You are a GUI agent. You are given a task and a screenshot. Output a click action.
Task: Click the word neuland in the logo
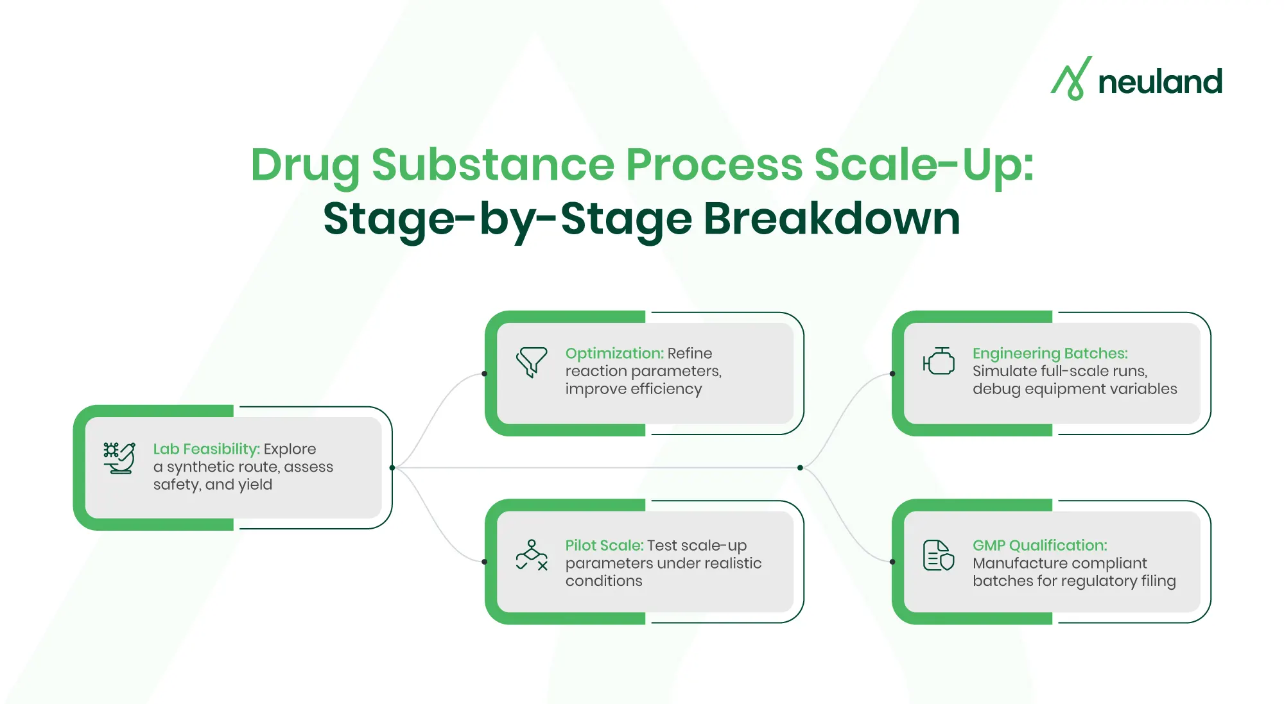point(1159,82)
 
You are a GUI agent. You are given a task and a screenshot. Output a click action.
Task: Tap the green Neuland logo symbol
point(1071,78)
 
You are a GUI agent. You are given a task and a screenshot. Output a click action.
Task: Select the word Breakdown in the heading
point(832,219)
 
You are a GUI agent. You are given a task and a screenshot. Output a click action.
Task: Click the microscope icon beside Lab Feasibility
point(119,458)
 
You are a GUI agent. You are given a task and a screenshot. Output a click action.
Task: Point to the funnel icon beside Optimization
point(532,362)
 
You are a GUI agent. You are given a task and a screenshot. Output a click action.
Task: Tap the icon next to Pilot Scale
point(532,555)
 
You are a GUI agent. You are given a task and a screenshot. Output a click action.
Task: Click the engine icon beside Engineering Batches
point(939,361)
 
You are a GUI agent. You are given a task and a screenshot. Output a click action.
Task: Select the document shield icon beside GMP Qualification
point(939,555)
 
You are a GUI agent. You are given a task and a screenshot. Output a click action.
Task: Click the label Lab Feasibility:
point(206,449)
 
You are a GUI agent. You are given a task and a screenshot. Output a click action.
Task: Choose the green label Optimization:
point(614,353)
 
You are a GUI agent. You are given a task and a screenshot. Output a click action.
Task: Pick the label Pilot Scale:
point(604,545)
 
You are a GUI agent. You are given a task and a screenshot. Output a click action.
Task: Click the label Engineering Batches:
point(1050,353)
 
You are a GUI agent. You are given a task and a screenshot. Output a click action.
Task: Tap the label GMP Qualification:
point(1039,545)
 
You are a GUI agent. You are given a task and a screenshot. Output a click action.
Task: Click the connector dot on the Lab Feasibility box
point(392,468)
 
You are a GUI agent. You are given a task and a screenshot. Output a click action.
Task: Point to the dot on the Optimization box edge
point(485,373)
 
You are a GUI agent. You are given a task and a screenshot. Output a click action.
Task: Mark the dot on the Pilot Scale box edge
point(485,562)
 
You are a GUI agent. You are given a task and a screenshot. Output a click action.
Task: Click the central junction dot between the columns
point(800,468)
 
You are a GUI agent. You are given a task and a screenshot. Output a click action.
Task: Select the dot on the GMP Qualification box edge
point(892,562)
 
